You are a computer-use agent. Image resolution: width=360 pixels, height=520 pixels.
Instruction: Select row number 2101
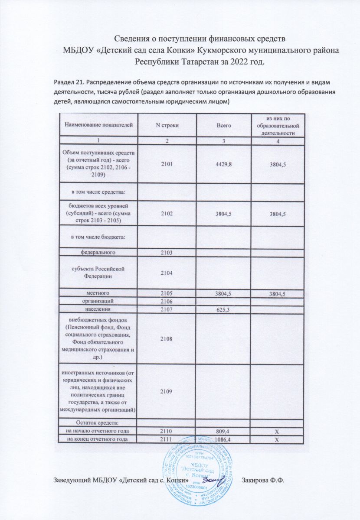(x=167, y=165)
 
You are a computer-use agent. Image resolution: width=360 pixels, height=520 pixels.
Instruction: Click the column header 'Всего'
(x=224, y=125)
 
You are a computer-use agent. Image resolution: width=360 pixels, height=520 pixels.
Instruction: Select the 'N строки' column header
(x=167, y=125)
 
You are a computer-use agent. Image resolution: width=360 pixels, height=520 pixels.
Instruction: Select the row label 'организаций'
(x=98, y=301)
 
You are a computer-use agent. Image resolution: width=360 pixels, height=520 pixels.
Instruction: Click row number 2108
(x=167, y=338)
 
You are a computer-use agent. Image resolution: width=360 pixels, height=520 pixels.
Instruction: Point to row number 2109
(x=167, y=391)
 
